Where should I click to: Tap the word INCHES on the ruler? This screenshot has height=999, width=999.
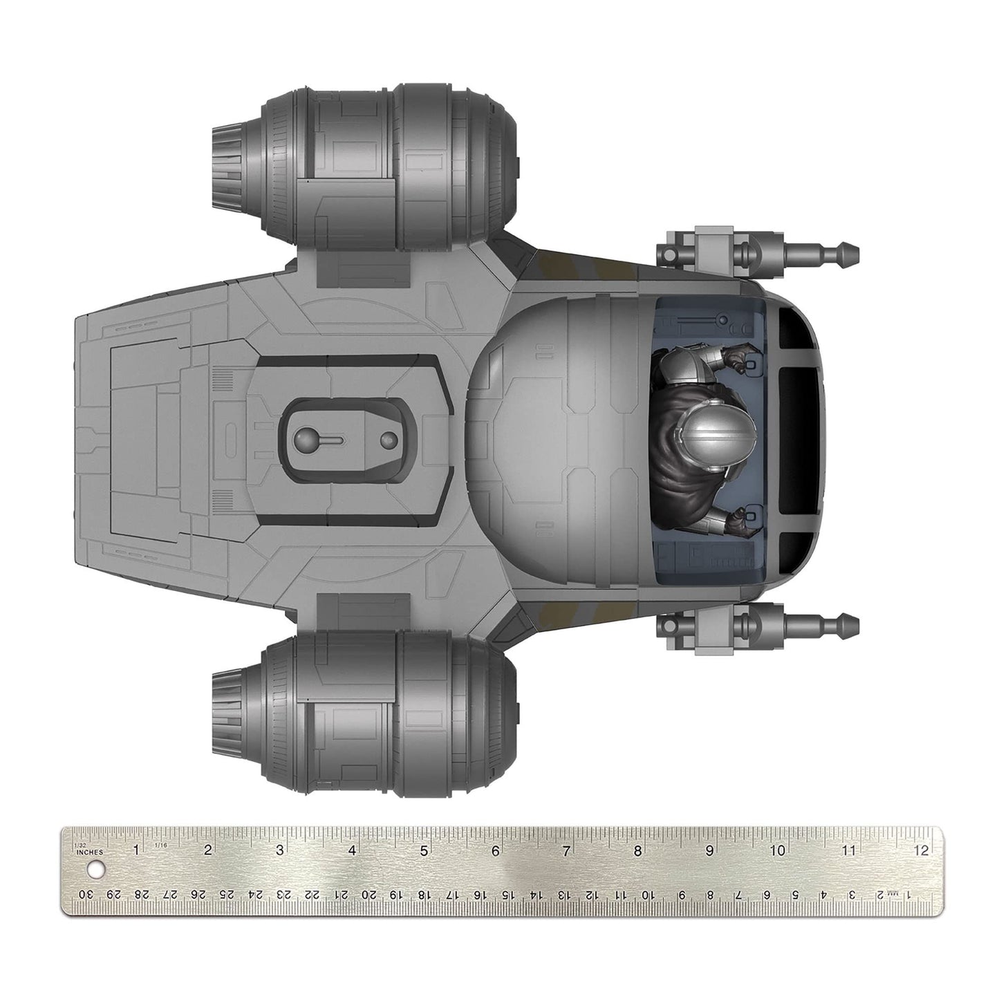(x=91, y=852)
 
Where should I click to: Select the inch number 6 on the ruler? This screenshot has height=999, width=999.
(x=495, y=851)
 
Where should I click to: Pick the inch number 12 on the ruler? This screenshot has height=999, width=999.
(x=920, y=851)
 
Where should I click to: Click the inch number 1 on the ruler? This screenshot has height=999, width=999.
(x=137, y=850)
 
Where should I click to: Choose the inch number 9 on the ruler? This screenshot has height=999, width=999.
(x=709, y=851)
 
